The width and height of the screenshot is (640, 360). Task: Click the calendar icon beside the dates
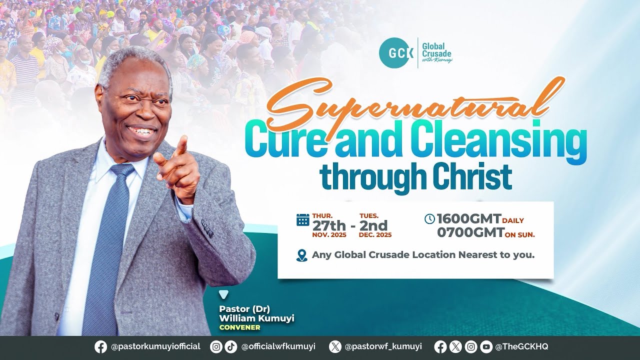click(x=303, y=220)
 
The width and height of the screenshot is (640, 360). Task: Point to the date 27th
click(x=329, y=225)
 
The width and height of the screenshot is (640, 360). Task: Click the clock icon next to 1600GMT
click(x=429, y=219)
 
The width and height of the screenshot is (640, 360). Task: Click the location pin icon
click(x=301, y=255)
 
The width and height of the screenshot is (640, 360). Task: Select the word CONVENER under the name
click(x=240, y=327)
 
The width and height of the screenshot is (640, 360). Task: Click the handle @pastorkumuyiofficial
click(x=155, y=346)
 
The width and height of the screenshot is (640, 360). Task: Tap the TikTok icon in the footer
click(x=230, y=346)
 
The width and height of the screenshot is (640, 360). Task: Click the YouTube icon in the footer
click(x=485, y=346)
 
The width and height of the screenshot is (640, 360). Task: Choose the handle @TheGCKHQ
click(x=521, y=346)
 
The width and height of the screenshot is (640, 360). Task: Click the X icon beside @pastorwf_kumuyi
click(x=335, y=346)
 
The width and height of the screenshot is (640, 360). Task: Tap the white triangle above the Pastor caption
click(x=223, y=294)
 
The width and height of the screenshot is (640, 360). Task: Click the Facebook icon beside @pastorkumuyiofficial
click(x=100, y=346)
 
